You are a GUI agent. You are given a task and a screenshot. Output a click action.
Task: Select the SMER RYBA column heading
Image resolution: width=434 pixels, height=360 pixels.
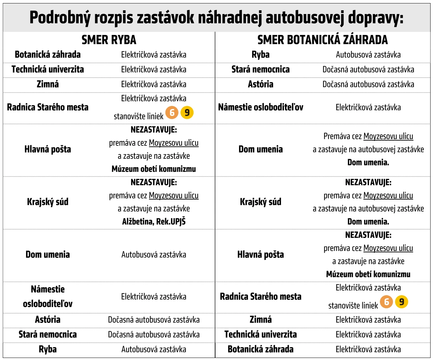109,40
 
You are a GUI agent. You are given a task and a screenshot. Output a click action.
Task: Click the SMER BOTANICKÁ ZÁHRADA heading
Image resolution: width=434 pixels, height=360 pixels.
322,40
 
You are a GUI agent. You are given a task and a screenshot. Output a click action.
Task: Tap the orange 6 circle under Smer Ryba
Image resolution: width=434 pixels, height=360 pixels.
172,112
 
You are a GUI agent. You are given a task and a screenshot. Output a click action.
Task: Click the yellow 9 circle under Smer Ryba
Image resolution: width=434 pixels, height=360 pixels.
187,112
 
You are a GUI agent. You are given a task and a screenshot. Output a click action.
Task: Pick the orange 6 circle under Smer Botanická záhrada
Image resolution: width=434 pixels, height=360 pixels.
386,302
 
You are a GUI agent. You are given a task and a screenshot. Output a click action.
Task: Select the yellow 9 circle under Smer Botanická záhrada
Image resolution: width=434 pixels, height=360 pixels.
401,302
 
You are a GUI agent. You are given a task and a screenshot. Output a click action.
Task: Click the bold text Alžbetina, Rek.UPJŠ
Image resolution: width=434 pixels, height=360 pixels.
154,221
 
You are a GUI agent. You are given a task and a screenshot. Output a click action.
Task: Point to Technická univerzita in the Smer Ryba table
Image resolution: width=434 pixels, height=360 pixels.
48,69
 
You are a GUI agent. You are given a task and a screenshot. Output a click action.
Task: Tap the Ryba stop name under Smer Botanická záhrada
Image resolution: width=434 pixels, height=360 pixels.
260,55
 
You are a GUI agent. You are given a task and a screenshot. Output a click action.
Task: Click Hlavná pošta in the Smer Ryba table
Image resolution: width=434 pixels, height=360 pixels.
48,149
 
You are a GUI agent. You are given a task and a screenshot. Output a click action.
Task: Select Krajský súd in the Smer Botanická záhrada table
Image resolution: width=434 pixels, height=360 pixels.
260,202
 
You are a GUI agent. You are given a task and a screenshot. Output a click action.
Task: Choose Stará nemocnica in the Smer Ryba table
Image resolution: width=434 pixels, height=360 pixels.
48,334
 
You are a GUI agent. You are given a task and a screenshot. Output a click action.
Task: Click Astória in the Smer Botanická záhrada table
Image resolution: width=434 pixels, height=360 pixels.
260,84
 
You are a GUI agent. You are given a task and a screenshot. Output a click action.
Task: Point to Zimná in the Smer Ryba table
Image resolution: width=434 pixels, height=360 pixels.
48,84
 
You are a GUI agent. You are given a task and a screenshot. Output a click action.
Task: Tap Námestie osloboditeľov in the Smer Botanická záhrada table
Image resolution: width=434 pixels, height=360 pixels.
260,107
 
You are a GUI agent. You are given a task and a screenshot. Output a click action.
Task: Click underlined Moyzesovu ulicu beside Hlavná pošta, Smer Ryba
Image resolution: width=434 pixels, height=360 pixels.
174,143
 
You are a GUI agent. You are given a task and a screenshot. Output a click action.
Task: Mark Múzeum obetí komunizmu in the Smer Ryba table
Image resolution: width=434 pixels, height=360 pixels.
154,169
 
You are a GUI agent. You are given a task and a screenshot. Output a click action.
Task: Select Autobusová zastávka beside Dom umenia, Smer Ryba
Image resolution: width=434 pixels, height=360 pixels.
154,255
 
